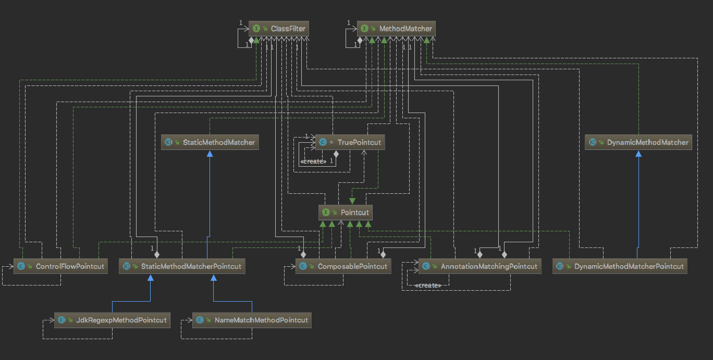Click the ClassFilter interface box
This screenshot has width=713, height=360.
pos(279,29)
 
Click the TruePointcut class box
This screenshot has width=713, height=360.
pos(350,142)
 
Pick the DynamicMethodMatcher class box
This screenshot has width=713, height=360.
pos(638,142)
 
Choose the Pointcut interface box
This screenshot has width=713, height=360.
pos(346,212)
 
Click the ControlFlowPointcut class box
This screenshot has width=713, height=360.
pos(60,266)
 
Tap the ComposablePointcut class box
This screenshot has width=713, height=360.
pos(343,266)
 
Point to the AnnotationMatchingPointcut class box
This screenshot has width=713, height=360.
pos(480,266)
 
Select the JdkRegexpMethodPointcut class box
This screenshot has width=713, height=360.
pos(113,320)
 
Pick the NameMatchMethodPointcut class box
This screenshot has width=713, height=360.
pos(252,320)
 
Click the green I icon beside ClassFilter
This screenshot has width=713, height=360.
pos(256,29)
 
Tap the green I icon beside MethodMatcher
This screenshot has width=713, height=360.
pos(364,29)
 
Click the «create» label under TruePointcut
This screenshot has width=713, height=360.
pos(313,162)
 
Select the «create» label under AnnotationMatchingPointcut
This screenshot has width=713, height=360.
pos(428,285)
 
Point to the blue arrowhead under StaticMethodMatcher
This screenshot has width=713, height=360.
pos(210,154)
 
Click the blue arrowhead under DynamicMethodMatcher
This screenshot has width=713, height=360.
pos(637,154)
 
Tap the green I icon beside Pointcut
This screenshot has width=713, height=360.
pos(326,212)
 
